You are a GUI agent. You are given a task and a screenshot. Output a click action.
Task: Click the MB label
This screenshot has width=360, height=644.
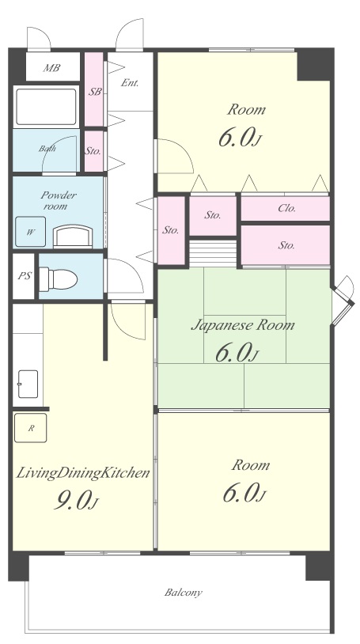(x=51, y=68)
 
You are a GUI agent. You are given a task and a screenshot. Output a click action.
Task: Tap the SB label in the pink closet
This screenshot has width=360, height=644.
(x=95, y=92)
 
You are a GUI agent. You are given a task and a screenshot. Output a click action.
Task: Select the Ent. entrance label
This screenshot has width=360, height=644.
(x=130, y=82)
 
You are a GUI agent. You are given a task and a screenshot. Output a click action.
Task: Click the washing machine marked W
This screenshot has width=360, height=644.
(x=30, y=232)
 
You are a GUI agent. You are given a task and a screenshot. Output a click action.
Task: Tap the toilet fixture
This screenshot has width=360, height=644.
(x=59, y=279)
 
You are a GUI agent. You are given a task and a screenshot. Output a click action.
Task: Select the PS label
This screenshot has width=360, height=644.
(x=25, y=276)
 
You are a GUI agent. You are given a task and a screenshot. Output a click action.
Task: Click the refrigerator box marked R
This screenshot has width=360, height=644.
(x=30, y=428)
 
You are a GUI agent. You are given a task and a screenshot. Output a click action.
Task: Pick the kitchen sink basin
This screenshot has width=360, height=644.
(x=28, y=384)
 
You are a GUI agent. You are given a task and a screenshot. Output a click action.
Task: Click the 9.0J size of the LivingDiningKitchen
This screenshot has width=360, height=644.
(x=77, y=501)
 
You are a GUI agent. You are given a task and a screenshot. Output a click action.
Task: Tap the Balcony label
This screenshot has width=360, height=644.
(x=184, y=593)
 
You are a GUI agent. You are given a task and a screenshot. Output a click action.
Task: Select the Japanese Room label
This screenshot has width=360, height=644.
(x=243, y=325)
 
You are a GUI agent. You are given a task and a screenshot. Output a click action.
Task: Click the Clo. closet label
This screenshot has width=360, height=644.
(x=287, y=208)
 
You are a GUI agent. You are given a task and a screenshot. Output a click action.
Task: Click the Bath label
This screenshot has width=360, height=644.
(x=47, y=148)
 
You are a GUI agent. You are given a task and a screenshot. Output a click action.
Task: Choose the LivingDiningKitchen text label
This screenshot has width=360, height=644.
(x=82, y=473)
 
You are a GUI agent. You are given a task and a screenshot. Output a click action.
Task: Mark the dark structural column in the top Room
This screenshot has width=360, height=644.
(x=313, y=65)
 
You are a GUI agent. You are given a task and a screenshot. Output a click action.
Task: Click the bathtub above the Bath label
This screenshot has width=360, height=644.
(x=46, y=107)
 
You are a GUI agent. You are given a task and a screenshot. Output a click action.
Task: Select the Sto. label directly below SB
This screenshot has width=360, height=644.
(x=93, y=151)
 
